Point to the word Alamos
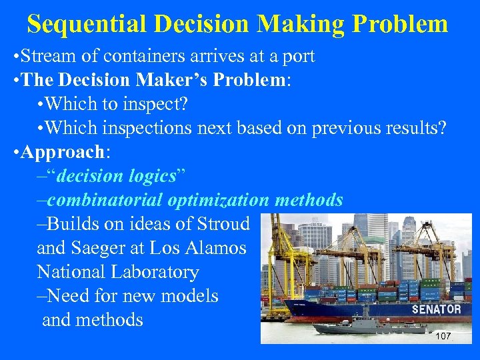click(215, 248)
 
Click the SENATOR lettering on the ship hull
click(436, 309)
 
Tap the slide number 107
click(443, 336)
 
